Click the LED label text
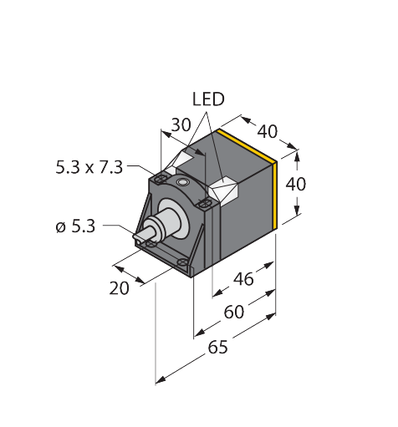208,99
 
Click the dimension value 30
181,125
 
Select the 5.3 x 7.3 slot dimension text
89,168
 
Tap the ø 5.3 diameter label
75,226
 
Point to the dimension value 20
120,288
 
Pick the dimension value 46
243,279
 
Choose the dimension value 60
234,312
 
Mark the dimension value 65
218,347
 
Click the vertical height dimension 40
296,184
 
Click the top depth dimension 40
268,131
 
